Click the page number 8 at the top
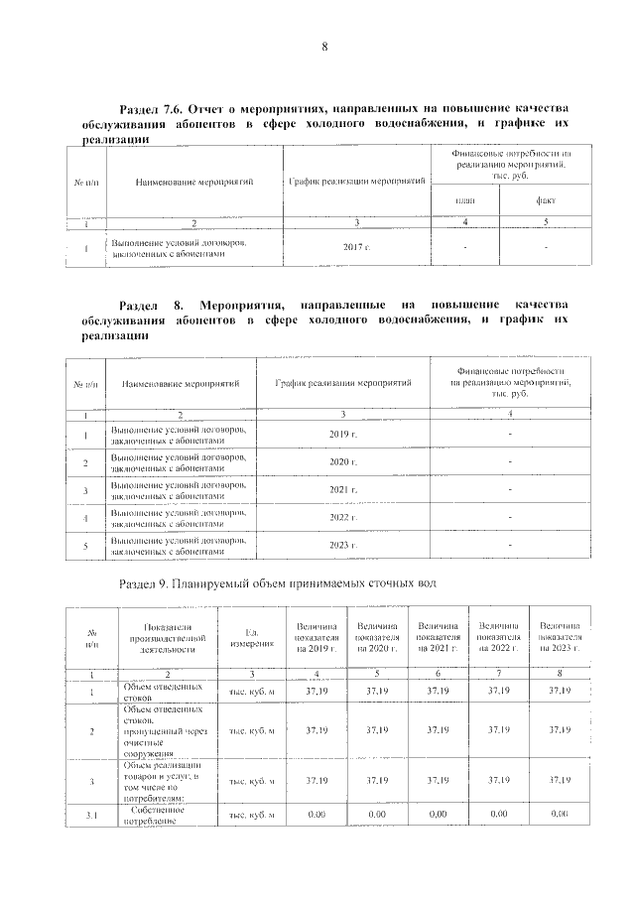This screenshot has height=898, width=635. [323, 47]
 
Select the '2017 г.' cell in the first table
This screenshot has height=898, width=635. [355, 245]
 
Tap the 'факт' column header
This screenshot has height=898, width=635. [547, 200]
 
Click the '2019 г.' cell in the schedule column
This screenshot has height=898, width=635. [342, 435]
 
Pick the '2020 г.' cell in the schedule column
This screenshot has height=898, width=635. [342, 462]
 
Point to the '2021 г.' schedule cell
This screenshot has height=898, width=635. [342, 490]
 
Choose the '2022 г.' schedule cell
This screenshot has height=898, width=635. [342, 518]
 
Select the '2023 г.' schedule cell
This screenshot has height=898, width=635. [342, 546]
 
